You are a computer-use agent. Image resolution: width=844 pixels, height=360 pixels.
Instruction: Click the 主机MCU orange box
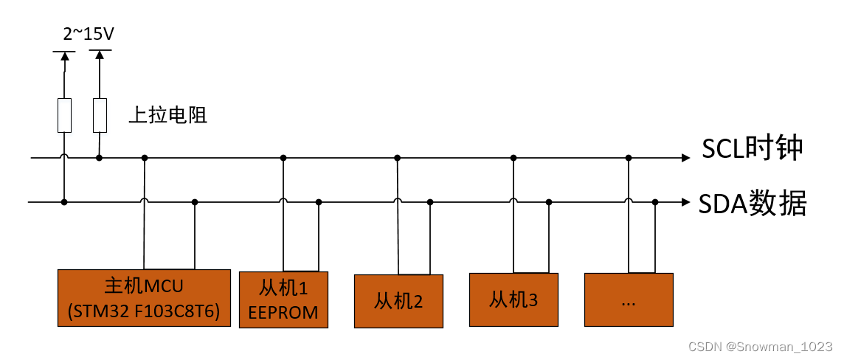[144, 298]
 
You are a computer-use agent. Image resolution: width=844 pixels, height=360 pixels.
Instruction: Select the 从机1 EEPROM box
[283, 300]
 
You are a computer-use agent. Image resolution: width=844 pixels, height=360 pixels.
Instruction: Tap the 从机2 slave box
[398, 301]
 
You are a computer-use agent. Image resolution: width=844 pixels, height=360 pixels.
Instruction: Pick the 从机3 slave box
[513, 300]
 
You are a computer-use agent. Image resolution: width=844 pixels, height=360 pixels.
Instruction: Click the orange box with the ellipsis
[629, 300]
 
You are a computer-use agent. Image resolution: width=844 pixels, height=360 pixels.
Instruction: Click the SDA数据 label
[753, 202]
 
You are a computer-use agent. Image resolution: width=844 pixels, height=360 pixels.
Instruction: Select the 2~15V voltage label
[89, 34]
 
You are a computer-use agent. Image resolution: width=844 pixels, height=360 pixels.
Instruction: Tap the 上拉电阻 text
[167, 115]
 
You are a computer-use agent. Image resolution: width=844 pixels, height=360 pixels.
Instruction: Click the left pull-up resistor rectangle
[65, 115]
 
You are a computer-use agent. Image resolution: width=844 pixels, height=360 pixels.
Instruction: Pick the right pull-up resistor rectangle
[100, 115]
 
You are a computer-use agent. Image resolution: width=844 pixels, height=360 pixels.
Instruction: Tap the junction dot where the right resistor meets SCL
[100, 158]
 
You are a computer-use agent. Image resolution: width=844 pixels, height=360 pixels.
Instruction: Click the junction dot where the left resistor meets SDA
[65, 201]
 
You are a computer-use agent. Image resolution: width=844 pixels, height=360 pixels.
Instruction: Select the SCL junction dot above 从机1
[283, 158]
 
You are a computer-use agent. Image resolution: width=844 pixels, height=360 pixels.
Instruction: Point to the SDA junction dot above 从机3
[548, 201]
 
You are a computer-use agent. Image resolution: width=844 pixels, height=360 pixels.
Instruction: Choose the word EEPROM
[283, 313]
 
